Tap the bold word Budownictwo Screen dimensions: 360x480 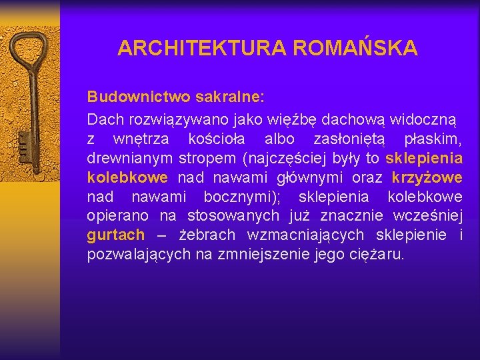coord(139,97)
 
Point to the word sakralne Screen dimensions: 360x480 coord(229,97)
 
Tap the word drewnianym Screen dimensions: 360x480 coord(130,158)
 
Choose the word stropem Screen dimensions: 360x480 coord(207,158)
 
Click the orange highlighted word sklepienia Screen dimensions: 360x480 coord(424,158)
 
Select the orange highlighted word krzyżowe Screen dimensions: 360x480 coord(427,177)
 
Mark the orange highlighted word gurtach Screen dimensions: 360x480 coord(115,235)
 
